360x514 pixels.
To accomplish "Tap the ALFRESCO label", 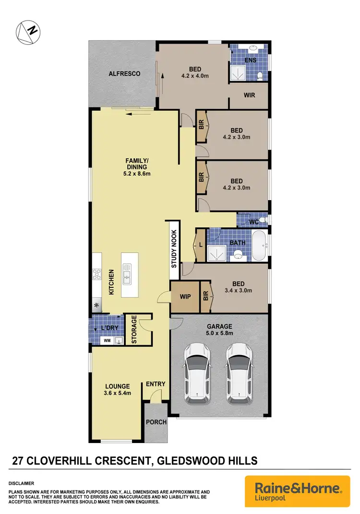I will coord(124,73).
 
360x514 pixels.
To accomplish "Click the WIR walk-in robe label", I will coord(249,95).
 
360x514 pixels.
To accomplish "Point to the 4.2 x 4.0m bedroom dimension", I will coord(195,76).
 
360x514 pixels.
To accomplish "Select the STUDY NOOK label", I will coord(174,249).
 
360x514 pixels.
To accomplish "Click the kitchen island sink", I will coord(127,275).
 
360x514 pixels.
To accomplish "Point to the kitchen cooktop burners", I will coord(96,274).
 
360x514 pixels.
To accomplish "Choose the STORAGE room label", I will coord(134,330).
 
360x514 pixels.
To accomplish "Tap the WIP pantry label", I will coord(185,297).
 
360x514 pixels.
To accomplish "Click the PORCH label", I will coord(156,422).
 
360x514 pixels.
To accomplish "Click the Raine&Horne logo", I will coord(298,491).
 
